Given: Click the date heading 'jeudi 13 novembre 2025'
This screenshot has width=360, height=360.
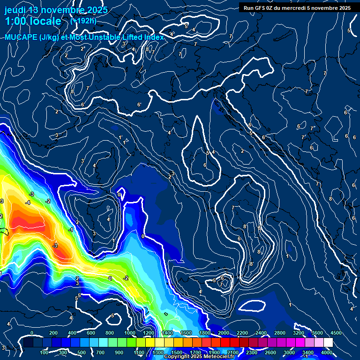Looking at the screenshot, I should click(x=56, y=10).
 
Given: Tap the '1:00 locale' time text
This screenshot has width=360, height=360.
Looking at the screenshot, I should click(x=33, y=21).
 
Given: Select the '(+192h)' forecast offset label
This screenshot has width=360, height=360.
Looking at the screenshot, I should click(x=83, y=21).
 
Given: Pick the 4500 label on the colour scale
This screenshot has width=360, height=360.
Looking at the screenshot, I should click(x=336, y=333).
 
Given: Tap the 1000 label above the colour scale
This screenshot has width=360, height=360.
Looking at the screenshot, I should click(x=129, y=333).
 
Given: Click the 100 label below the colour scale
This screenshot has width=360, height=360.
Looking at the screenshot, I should click(x=44, y=352).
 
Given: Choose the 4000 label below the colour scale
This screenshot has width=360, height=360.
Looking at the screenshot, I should click(x=327, y=352).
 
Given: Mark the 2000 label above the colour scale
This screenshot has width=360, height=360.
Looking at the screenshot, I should click(x=224, y=333).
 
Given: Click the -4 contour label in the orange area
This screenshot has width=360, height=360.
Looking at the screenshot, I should click(x=28, y=202).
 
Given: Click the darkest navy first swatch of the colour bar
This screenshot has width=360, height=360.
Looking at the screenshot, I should click(x=28, y=343).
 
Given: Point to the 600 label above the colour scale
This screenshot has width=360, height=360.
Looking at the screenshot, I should click(x=91, y=333).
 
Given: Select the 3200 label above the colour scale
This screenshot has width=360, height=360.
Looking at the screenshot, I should click(x=299, y=333).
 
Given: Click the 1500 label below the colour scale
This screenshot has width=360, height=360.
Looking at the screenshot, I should click(x=177, y=352).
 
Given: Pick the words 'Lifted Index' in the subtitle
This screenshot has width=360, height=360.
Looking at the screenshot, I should click(x=140, y=37).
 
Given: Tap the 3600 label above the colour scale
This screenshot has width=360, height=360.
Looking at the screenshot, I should click(x=317, y=333).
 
